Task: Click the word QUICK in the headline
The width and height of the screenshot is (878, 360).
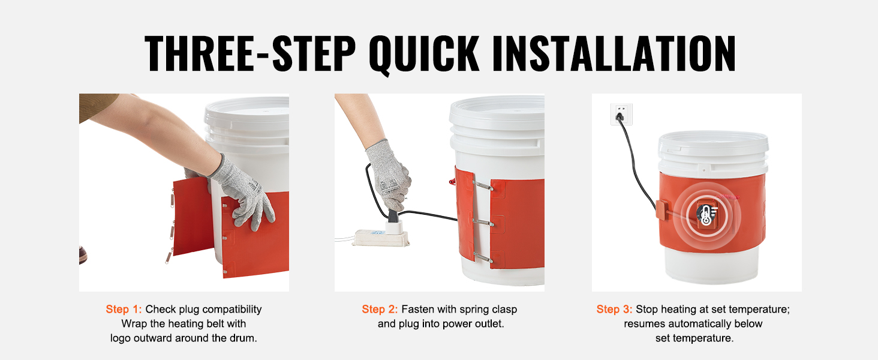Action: tap(424, 54)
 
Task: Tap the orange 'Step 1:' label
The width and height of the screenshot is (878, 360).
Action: tap(124, 310)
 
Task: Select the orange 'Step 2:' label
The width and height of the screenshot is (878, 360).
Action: tap(380, 310)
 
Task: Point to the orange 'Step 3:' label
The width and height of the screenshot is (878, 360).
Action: tap(614, 310)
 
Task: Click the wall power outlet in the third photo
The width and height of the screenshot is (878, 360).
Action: tap(621, 114)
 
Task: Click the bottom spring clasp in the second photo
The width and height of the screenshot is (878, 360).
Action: tap(483, 257)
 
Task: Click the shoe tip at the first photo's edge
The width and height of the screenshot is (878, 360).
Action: tap(83, 255)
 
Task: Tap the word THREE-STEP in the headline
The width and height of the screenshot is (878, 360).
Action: tap(250, 54)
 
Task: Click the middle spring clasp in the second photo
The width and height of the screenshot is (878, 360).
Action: tap(483, 223)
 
